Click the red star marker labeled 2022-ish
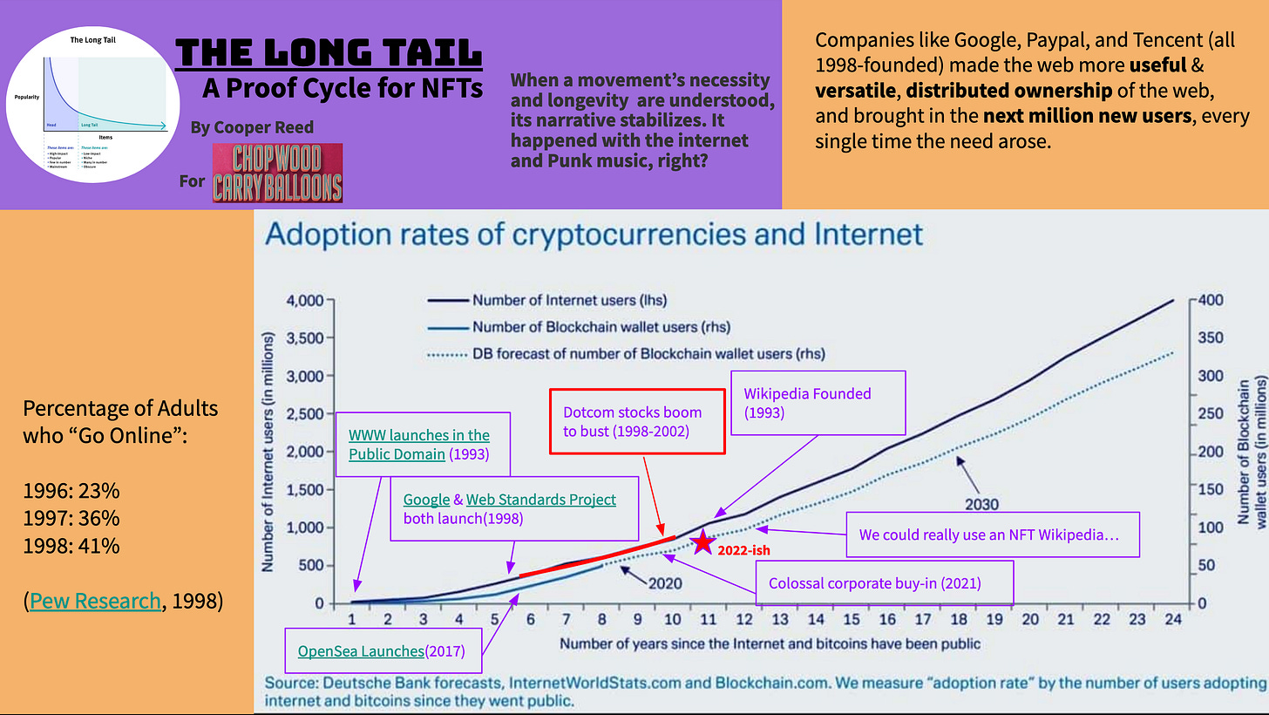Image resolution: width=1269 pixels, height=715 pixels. pos(702,542)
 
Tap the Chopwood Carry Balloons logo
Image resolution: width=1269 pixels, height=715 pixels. pos(277,173)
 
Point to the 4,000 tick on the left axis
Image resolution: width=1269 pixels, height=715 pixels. pos(306,300)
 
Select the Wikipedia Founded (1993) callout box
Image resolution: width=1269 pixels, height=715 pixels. pos(819,403)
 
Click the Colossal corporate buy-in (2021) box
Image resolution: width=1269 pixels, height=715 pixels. pos(886,583)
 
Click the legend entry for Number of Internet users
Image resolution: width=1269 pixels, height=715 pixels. pos(569,300)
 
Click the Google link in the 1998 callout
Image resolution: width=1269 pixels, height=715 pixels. pos(426,500)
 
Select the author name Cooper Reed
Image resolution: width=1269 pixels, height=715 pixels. pos(253,127)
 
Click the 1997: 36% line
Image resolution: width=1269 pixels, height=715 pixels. pos(71,519)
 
